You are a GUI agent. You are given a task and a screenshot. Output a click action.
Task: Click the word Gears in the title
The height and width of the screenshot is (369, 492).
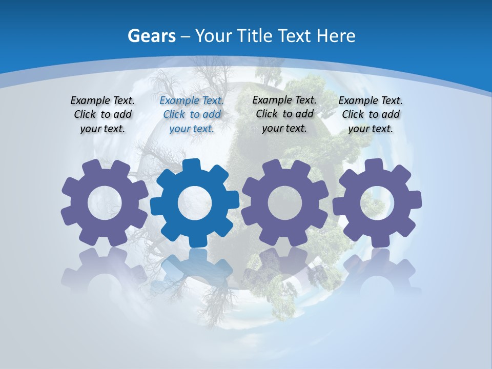pos(151,36)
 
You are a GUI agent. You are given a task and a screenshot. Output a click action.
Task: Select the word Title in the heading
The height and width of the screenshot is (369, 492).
pos(254,36)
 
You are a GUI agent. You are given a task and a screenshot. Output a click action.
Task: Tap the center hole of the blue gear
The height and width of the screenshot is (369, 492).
pos(194,203)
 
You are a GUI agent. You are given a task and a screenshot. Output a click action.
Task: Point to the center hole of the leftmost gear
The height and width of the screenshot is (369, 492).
pos(105,203)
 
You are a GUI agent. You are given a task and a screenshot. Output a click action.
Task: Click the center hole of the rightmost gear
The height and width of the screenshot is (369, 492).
pos(377,203)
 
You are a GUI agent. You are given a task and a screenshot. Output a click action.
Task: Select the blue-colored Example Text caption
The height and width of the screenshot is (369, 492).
pos(192,114)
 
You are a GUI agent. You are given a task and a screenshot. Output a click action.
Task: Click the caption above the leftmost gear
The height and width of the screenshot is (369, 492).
pos(102,114)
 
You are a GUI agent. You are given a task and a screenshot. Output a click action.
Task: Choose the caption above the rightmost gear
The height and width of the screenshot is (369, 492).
pos(371,114)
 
